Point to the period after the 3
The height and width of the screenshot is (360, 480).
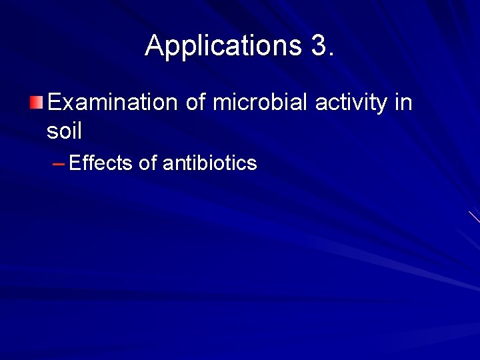coord(331,54)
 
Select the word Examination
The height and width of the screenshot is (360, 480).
coord(112,103)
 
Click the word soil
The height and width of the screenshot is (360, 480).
coord(64,131)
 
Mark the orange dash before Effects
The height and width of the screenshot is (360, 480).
coord(59,163)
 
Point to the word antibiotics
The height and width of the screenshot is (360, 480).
coord(209,163)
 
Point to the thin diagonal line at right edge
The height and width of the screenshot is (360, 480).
coord(475,217)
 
